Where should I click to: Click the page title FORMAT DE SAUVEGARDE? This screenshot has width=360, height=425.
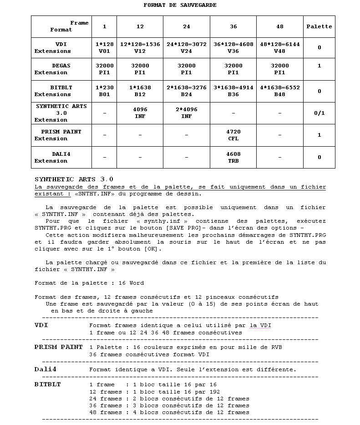click(180, 5)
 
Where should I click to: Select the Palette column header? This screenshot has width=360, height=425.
click(319, 26)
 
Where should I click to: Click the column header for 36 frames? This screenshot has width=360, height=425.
click(233, 26)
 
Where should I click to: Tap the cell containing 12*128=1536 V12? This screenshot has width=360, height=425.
click(140, 48)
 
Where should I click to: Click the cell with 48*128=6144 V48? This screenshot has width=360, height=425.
click(279, 48)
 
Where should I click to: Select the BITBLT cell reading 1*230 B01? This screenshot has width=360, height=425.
click(105, 91)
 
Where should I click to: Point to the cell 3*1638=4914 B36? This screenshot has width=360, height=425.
click(233, 91)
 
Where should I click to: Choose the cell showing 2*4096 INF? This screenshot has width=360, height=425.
click(186, 113)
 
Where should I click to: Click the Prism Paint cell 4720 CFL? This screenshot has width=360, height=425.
click(233, 135)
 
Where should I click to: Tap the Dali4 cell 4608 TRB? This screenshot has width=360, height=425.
click(233, 157)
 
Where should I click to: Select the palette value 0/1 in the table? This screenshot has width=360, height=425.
click(319, 113)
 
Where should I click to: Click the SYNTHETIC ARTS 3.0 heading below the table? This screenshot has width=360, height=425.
click(74, 179)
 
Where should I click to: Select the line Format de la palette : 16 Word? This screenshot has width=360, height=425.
click(89, 283)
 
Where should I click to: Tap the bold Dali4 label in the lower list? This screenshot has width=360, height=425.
click(45, 369)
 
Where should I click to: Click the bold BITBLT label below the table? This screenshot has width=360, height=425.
click(47, 384)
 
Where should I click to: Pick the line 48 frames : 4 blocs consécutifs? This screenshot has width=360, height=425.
click(169, 412)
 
